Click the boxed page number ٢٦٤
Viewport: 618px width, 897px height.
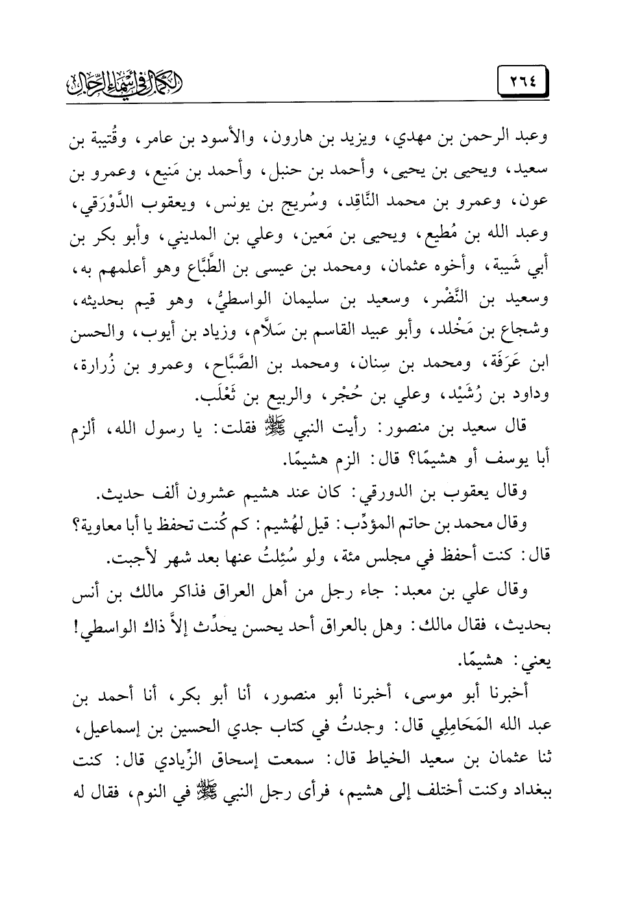(x=515, y=85)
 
